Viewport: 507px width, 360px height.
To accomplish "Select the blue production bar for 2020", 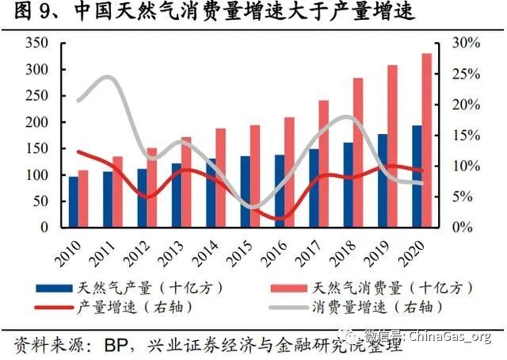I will pyautogui.click(x=416, y=176).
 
